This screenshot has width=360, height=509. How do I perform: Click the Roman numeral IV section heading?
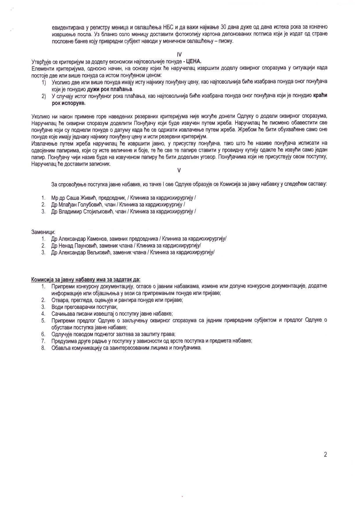[x=179, y=54]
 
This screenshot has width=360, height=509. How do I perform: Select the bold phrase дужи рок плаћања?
[x=109, y=89]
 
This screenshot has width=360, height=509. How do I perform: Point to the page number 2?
[x=325, y=454]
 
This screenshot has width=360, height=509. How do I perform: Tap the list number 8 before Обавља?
[x=43, y=348]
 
